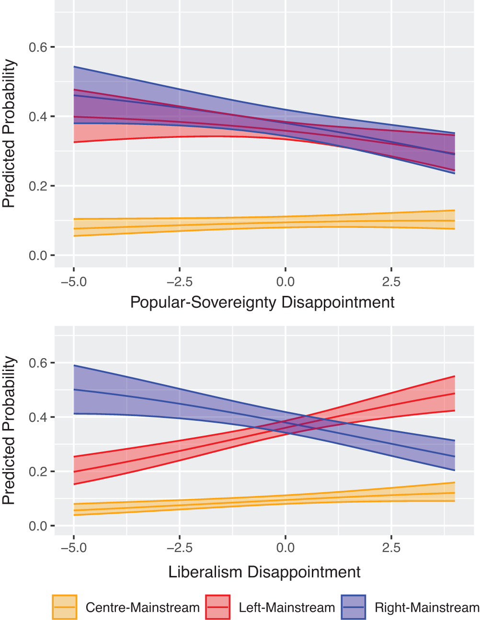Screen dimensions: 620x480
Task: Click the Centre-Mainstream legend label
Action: [x=142, y=608]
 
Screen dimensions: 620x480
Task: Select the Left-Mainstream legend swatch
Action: [x=217, y=607]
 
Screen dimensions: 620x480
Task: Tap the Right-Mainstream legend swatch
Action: [x=353, y=607]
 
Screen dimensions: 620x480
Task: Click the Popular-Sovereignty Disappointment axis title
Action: [x=263, y=303]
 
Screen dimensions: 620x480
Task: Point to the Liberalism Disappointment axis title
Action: [x=264, y=572]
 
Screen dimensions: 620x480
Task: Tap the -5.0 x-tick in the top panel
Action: [x=74, y=282]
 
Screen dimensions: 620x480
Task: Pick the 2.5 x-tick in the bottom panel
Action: [x=391, y=548]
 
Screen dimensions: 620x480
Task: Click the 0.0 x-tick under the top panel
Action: [x=286, y=282]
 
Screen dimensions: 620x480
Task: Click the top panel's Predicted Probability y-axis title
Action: [x=9, y=134]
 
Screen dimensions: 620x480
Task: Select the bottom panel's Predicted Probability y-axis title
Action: [x=9, y=430]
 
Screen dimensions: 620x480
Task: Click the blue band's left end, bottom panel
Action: [x=81, y=390]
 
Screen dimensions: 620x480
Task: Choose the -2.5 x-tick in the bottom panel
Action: [x=180, y=548]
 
